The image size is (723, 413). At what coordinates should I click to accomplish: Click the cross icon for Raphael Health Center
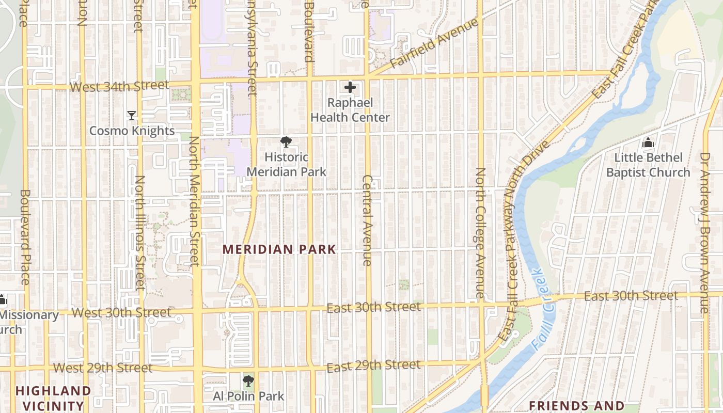pyautogui.click(x=350, y=87)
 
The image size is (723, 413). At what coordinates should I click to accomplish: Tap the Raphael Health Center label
pyautogui.click(x=350, y=110)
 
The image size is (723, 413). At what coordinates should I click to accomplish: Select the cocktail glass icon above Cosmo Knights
pyautogui.click(x=132, y=115)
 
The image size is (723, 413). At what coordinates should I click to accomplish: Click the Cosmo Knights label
pyautogui.click(x=132, y=131)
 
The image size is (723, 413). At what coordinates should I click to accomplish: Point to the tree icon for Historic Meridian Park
pyautogui.click(x=286, y=142)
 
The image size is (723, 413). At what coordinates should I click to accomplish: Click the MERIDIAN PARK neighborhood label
pyautogui.click(x=279, y=249)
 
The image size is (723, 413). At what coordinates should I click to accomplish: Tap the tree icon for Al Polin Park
pyautogui.click(x=248, y=381)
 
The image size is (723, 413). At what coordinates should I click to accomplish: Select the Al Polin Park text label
pyautogui.click(x=248, y=396)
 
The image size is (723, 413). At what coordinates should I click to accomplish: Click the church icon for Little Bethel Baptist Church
pyautogui.click(x=648, y=142)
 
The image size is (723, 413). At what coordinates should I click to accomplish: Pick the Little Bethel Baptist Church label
pyautogui.click(x=648, y=165)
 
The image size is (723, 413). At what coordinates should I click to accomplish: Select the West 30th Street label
pyautogui.click(x=121, y=312)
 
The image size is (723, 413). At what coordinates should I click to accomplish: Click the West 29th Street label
pyautogui.click(x=103, y=368)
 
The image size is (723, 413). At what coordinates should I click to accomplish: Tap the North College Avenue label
pyautogui.click(x=480, y=233)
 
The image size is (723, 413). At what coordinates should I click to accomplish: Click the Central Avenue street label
pyautogui.click(x=367, y=220)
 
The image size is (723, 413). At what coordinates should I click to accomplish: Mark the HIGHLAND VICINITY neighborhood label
pyautogui.click(x=53, y=398)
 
